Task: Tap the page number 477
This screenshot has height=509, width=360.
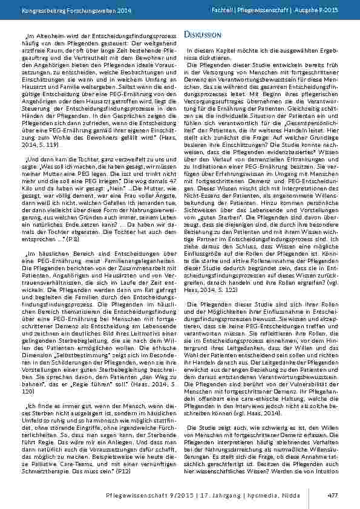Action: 332,493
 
